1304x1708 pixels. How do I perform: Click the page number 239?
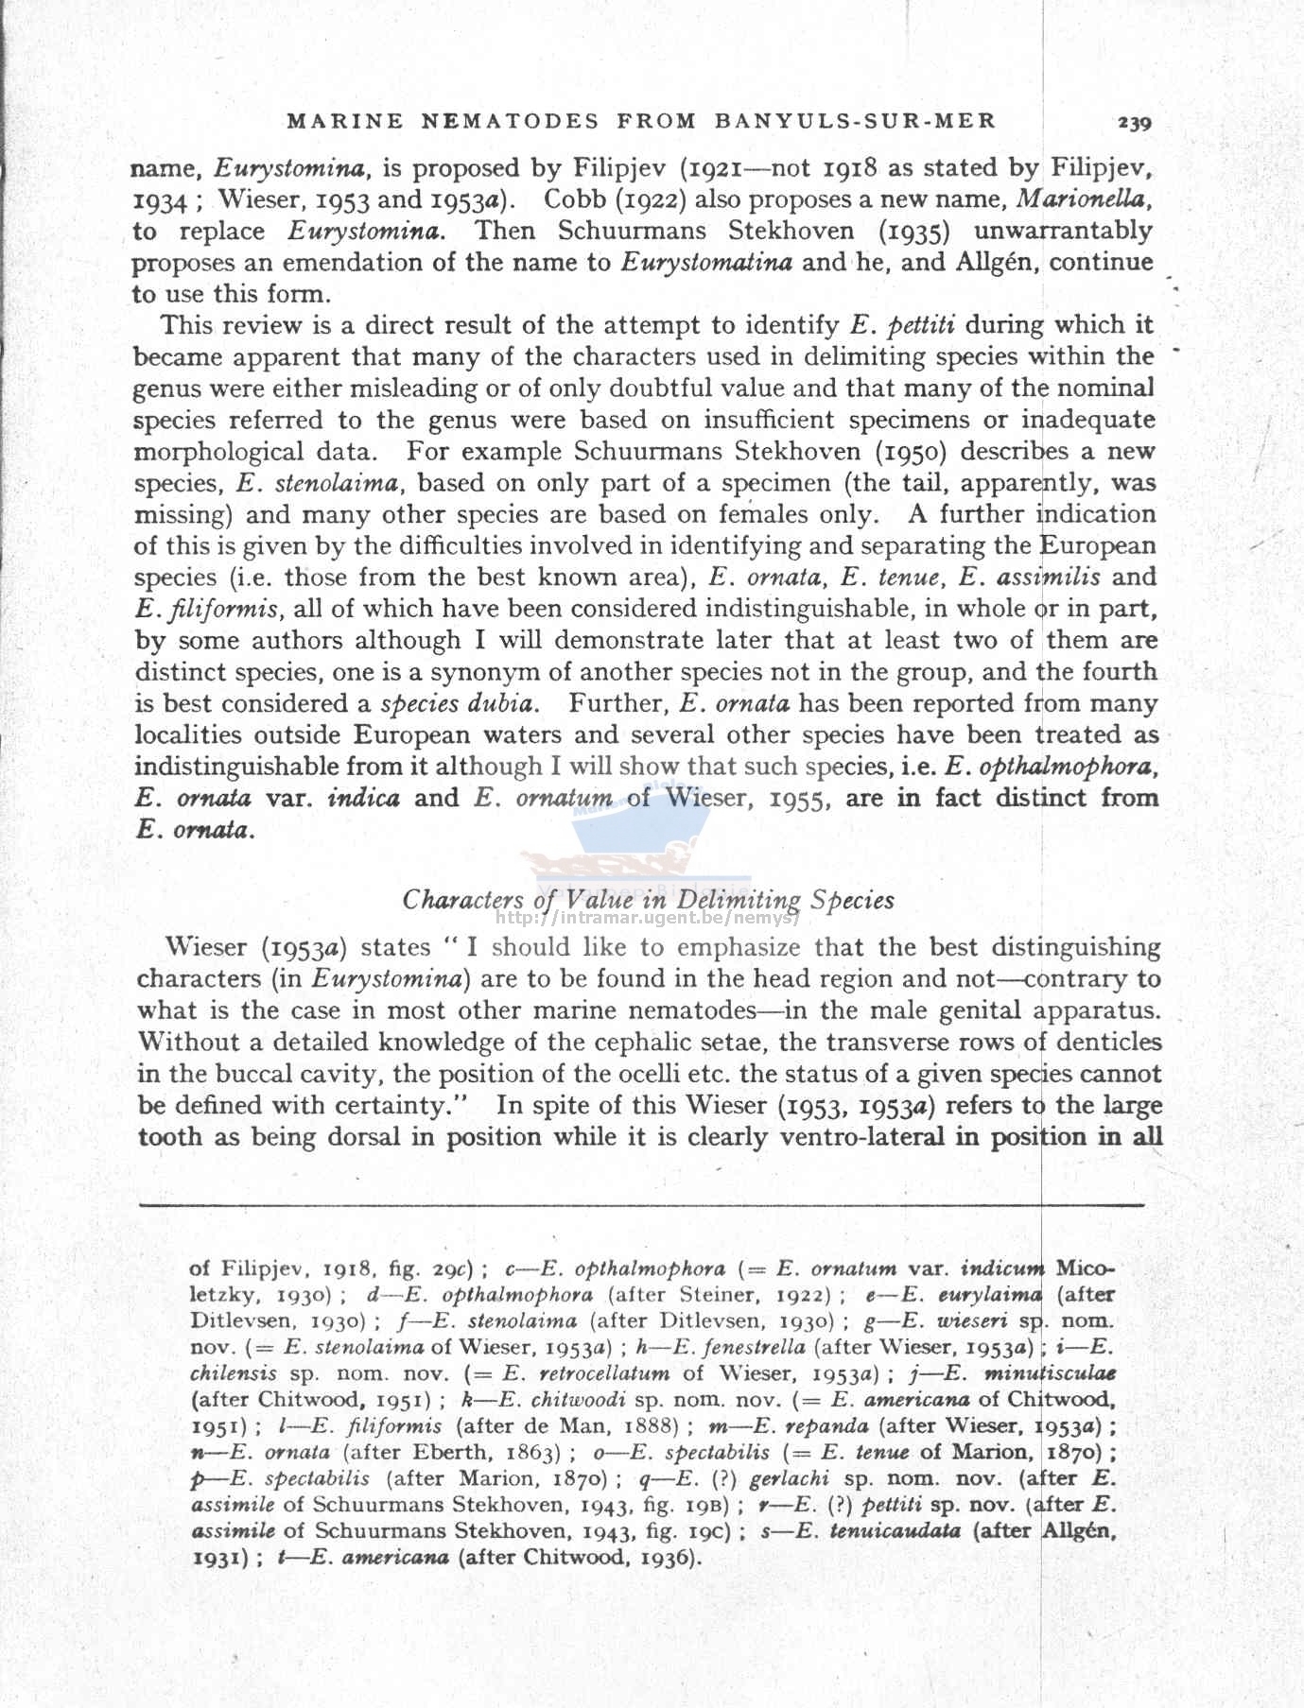coord(1133,122)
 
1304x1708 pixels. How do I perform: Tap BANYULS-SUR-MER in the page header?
coord(855,121)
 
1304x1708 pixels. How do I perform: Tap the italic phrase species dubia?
coord(460,703)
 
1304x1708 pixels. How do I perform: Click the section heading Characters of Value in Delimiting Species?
coord(648,899)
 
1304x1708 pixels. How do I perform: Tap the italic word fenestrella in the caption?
coord(756,1347)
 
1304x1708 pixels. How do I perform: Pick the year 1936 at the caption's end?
coord(669,1557)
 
